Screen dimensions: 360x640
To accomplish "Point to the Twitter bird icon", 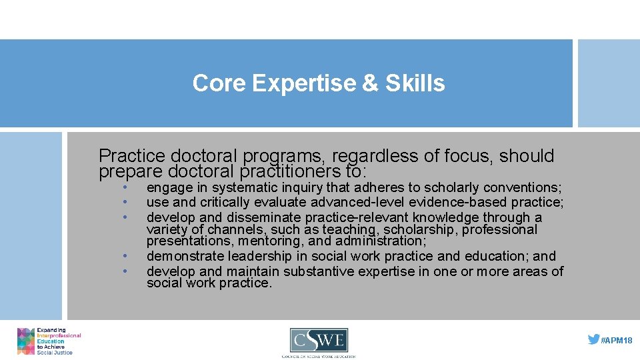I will (x=593, y=339).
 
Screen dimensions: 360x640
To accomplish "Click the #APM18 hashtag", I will (x=617, y=341).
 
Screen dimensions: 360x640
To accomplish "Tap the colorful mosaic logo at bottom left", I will (x=26, y=341).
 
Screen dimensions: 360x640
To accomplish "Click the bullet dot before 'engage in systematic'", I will (x=125, y=188).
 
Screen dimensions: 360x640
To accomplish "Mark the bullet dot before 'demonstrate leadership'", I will (x=125, y=257).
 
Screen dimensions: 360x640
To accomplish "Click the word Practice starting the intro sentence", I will (x=131, y=157).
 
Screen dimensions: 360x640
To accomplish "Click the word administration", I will (x=379, y=241).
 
